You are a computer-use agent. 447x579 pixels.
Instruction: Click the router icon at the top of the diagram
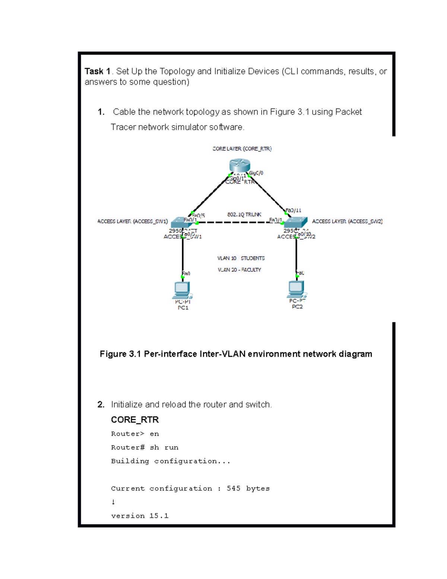240,165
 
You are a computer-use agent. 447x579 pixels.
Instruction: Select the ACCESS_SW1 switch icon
180,222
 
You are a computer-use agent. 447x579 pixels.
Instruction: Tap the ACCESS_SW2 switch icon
296,222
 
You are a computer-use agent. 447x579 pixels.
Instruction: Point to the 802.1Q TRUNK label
244,214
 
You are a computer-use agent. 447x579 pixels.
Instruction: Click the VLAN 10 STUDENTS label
241,258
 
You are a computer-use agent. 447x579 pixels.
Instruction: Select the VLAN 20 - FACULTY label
240,270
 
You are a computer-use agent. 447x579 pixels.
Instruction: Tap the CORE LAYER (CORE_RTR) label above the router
242,149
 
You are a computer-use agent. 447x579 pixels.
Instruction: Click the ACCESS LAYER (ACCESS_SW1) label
133,221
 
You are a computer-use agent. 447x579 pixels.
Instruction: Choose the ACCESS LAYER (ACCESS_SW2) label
347,221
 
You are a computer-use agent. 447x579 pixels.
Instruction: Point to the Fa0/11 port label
294,210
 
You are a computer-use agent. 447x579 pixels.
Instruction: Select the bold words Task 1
98,71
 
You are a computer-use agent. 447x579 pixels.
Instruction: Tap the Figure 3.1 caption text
236,354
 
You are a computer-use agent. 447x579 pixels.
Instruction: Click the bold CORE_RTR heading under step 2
135,420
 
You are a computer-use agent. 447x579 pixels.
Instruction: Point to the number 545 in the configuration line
234,488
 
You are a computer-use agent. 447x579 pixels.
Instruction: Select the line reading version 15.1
140,516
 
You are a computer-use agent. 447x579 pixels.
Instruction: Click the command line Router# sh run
145,447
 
